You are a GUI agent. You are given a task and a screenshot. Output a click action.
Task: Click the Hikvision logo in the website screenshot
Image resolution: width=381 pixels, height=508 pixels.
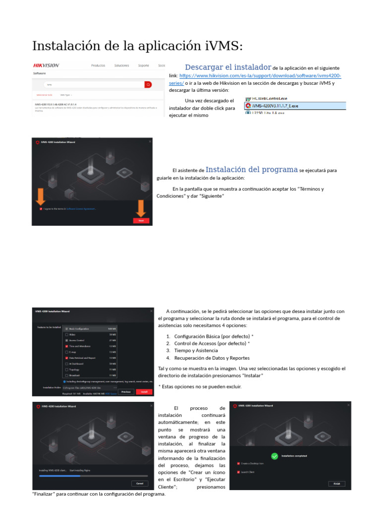(x=46, y=65)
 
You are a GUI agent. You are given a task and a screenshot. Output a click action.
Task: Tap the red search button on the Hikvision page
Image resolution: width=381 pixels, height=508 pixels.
(x=148, y=85)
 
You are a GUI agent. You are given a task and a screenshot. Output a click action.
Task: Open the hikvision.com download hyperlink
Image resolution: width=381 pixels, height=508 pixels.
(x=260, y=76)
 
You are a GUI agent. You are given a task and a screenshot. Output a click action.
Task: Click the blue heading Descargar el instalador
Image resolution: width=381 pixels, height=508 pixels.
(x=228, y=67)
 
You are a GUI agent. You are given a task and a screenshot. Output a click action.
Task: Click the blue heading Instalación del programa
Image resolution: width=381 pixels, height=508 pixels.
(x=252, y=169)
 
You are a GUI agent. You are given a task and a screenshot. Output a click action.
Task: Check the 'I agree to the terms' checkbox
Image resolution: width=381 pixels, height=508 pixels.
(x=41, y=209)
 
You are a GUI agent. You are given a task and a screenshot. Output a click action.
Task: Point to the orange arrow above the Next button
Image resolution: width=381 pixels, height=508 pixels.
(x=141, y=207)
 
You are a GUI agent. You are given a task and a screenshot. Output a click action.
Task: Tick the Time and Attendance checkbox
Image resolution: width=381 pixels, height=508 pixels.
(x=66, y=346)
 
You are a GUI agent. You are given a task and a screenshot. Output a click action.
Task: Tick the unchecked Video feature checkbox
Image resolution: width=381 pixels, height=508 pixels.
(x=66, y=334)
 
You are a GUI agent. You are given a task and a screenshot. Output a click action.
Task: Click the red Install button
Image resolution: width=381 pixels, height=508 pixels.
(x=144, y=391)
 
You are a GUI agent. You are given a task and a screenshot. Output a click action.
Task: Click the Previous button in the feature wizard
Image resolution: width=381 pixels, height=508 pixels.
(x=126, y=391)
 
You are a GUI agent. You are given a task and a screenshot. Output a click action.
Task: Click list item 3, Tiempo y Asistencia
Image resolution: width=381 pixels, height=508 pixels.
(x=196, y=350)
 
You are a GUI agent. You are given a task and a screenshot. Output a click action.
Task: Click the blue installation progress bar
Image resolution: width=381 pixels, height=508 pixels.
(x=60, y=475)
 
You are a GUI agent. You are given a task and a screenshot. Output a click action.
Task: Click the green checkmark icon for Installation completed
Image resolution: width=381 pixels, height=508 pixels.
(x=275, y=456)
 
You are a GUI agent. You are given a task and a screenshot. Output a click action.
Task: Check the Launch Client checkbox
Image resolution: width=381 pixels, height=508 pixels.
(x=239, y=472)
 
